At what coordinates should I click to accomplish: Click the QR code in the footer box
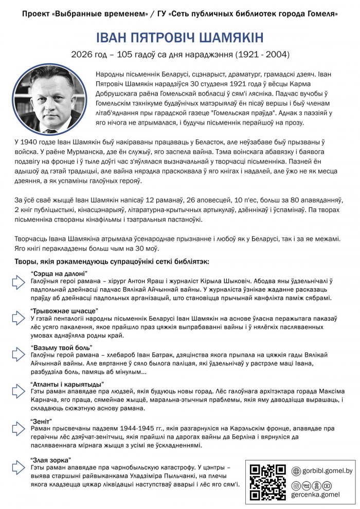pos(267,482)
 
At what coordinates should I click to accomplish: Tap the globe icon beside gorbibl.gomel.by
pos(296,471)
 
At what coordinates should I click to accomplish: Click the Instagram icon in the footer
pos(296,485)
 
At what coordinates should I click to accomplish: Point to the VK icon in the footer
pos(306,485)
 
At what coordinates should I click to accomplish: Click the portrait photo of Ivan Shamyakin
pos(50,99)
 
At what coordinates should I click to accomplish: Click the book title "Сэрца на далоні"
pos(59,273)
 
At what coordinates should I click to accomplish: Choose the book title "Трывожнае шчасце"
pos(64,311)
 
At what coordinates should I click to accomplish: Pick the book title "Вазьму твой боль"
pos(62,347)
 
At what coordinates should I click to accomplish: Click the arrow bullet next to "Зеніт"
pos(19,430)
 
